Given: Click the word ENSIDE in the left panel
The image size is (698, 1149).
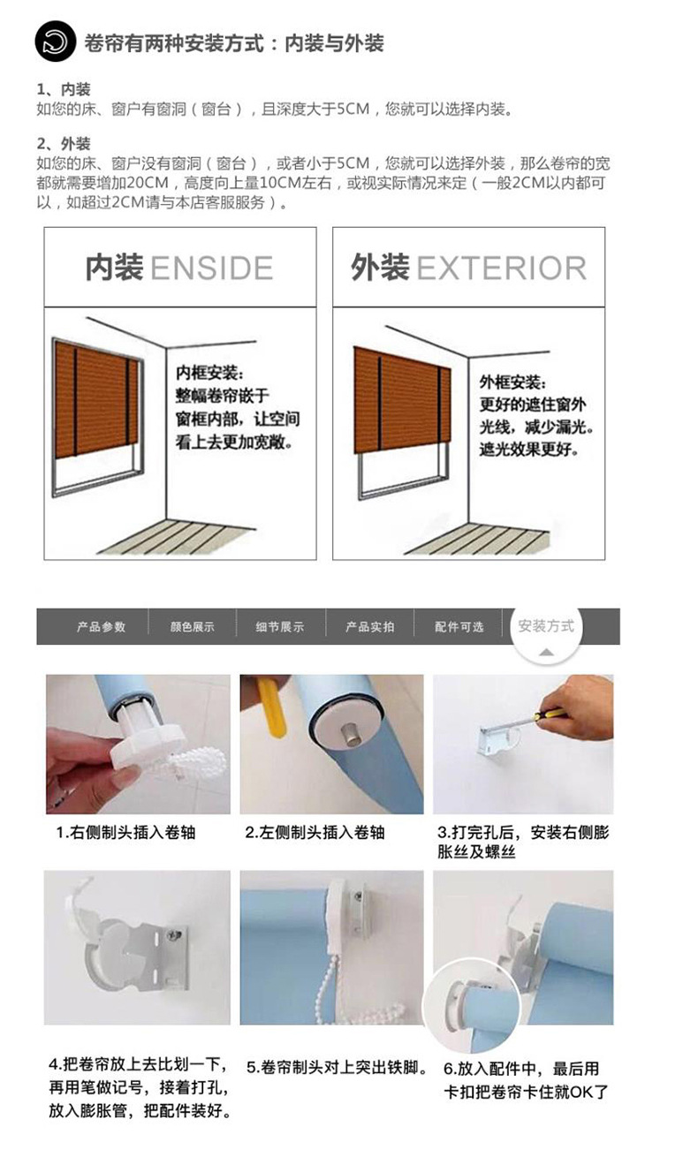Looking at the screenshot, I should coord(212,268).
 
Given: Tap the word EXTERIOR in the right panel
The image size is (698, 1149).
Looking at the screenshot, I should coord(501,268).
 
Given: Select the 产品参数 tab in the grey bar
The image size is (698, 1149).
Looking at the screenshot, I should coord(101,627).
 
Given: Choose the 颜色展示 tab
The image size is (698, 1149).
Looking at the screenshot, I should coord(193,627).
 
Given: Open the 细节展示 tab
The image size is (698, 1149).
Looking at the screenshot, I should coord(280,627).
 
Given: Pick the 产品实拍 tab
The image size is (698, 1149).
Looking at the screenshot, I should coord(370,627).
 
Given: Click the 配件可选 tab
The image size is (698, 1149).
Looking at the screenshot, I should coord(459,627).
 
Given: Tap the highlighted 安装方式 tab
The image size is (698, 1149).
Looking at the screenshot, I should coord(546,626).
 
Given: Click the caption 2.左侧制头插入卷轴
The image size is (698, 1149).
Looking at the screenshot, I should coord(315,833).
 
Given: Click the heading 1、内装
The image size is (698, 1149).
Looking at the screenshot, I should coord(64,90).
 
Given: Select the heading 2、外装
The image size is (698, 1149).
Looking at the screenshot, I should coord(64,144).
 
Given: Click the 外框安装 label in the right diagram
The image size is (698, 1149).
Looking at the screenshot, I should coord(513,382).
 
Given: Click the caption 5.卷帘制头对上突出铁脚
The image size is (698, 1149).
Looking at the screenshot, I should coord(337,1067).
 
